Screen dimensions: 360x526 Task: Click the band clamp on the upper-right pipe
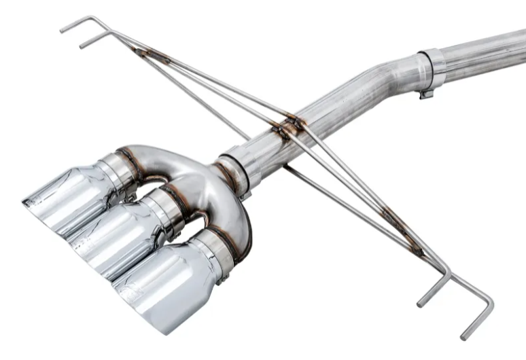click(432, 69)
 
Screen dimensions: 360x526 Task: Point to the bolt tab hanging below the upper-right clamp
click(427, 92)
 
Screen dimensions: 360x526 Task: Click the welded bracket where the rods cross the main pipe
click(289, 126)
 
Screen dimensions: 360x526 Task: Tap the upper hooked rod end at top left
click(75, 25)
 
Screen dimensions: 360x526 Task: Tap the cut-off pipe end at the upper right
click(520, 44)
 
